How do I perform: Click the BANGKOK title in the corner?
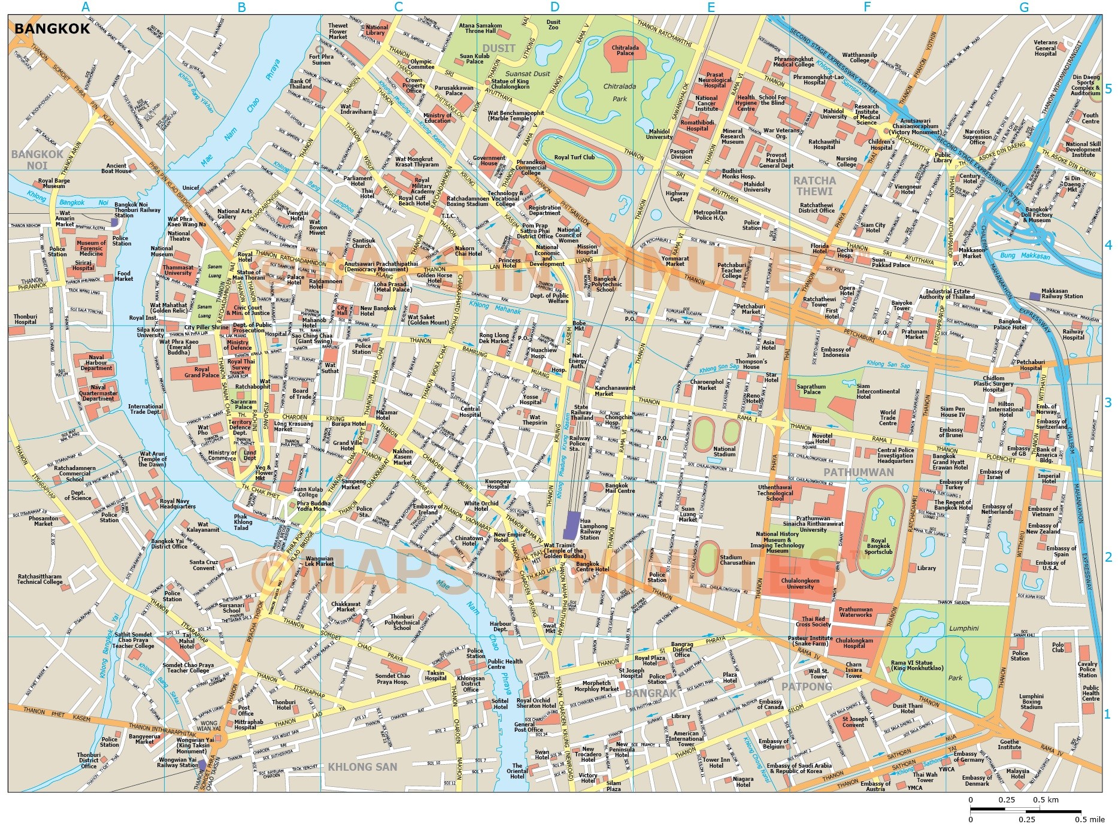(51, 28)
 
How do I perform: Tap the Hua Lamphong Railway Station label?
(593, 529)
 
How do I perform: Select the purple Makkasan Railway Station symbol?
(1035, 296)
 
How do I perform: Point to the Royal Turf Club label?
(574, 157)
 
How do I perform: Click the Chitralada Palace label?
(625, 50)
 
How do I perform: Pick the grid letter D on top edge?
(555, 7)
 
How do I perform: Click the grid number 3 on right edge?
(1108, 402)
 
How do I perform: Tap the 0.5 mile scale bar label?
(1089, 819)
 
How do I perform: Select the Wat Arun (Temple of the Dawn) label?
(152, 459)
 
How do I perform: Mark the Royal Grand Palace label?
(201, 372)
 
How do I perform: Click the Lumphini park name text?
(964, 628)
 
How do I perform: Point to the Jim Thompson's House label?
(751, 361)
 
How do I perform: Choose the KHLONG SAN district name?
(362, 767)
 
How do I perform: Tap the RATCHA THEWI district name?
(814, 186)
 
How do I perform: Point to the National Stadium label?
(724, 451)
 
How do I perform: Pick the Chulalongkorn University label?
(800, 583)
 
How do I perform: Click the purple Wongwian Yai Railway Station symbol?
(202, 765)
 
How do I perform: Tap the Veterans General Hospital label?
(1046, 48)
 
